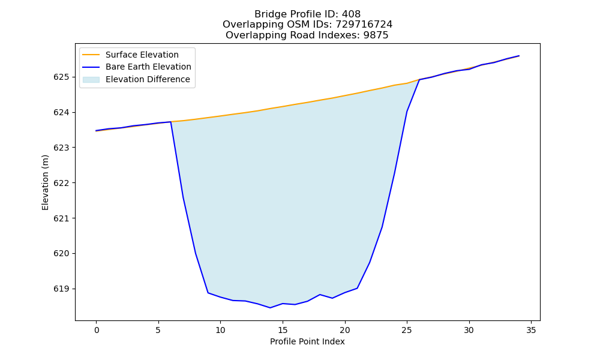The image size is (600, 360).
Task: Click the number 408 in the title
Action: pos(351,14)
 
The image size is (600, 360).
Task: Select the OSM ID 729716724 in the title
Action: pos(364,25)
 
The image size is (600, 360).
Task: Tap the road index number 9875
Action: pos(376,35)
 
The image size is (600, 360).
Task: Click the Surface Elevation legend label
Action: pos(142,55)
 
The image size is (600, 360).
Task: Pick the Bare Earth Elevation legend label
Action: pos(148,67)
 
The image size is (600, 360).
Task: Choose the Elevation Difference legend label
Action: pos(148,79)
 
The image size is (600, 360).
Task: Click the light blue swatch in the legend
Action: pos(91,80)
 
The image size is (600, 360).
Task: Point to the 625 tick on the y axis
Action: pos(61,77)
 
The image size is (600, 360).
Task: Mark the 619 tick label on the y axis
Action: pos(61,289)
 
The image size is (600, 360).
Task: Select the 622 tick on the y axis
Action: pos(61,183)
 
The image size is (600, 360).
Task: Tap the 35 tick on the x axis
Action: pos(531,330)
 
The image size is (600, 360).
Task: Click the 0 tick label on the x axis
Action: pos(97,330)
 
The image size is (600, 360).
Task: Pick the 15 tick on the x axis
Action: pos(283,330)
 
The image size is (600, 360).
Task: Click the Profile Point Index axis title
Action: pos(307,341)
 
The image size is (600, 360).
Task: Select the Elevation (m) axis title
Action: pos(46,182)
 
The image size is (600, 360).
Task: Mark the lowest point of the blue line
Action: pos(270,308)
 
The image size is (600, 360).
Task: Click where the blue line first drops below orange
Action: pos(170,122)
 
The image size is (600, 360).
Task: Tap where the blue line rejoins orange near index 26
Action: pos(419,80)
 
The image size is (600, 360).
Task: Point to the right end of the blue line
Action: pos(519,56)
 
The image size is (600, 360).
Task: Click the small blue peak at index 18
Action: pos(320,295)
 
